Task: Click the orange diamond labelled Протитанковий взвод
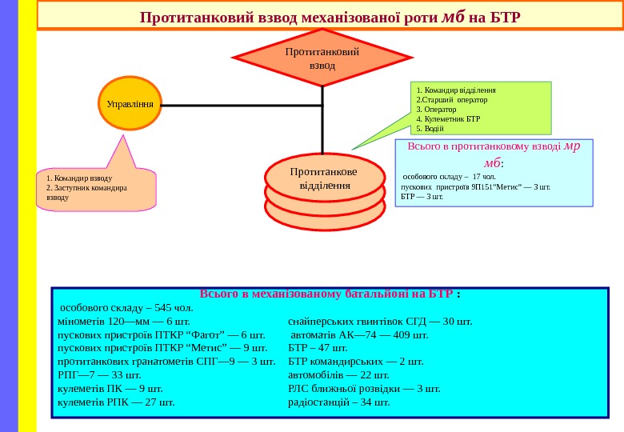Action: tap(322, 58)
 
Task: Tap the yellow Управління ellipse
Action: tap(130, 104)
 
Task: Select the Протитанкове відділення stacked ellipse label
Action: tap(324, 178)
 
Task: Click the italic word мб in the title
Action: tap(453, 17)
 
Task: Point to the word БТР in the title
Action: tap(504, 18)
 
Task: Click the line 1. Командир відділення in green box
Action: tap(456, 90)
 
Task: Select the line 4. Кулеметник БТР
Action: tap(448, 119)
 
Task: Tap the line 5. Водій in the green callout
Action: tap(430, 129)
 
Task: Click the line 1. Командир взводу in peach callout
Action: tap(79, 178)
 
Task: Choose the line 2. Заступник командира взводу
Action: tap(86, 192)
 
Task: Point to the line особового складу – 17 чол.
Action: tap(449, 176)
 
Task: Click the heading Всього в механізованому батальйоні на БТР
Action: tap(330, 294)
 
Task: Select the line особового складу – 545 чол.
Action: tap(126, 307)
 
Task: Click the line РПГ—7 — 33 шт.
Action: tap(99, 374)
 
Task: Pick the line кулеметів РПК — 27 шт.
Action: tap(116, 402)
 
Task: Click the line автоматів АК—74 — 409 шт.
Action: tap(359, 334)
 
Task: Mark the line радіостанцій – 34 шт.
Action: tap(339, 402)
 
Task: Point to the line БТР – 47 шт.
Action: tap(318, 348)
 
